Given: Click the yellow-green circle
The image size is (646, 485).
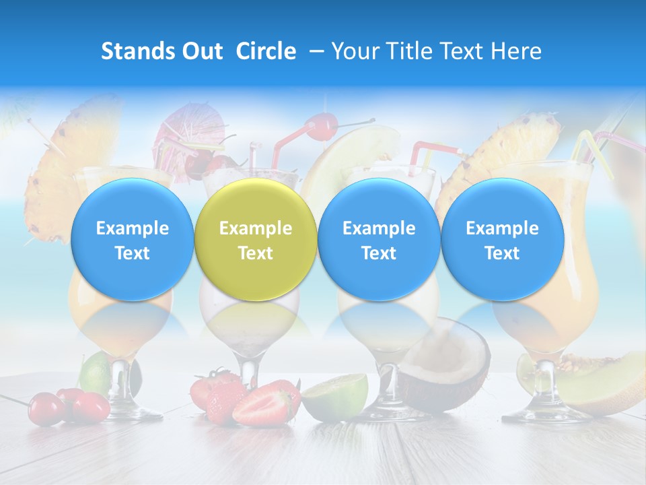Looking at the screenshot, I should pos(256,240).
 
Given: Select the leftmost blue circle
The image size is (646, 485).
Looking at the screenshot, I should pos(132,240).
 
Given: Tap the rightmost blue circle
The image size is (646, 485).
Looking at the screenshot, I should pos(502,240).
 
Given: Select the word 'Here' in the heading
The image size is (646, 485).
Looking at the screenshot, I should pos(517,51).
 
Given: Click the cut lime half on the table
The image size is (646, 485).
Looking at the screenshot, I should pos(334,396).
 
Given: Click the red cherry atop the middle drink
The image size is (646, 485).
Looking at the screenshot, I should pos(322,125).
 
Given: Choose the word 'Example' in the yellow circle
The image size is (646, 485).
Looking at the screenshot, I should pos(256,228).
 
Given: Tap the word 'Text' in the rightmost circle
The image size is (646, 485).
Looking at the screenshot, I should pos(502,253).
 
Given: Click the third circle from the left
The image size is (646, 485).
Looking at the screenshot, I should pos(379,240).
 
